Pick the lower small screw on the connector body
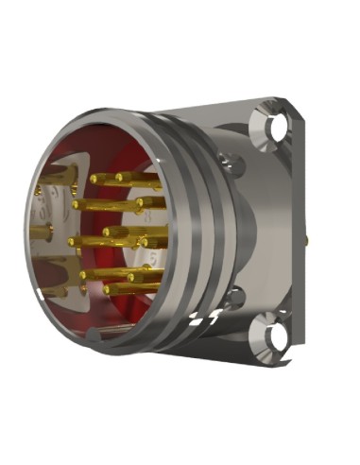233,299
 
